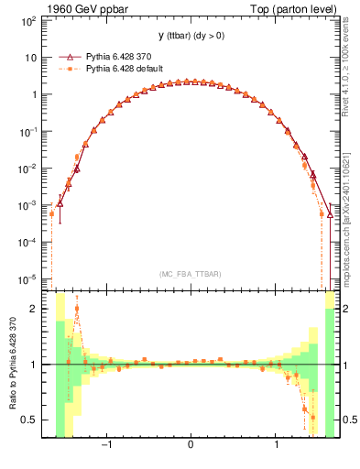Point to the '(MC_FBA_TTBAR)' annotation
(x=190, y=275)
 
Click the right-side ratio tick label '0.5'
(x=349, y=420)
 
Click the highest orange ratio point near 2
(x=77, y=309)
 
